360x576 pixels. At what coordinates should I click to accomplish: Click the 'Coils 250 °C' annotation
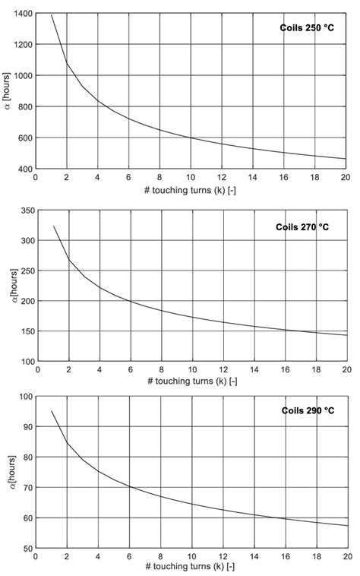(308, 30)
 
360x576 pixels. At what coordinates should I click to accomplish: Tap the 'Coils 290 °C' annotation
(308, 410)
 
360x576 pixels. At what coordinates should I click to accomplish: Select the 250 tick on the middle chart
(25, 271)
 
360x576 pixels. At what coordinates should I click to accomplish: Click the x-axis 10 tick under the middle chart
(191, 371)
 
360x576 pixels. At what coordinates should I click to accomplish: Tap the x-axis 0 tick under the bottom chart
(36, 557)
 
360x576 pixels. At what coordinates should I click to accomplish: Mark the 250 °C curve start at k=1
(51, 15)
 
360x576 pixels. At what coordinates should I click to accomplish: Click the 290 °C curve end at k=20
(346, 526)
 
